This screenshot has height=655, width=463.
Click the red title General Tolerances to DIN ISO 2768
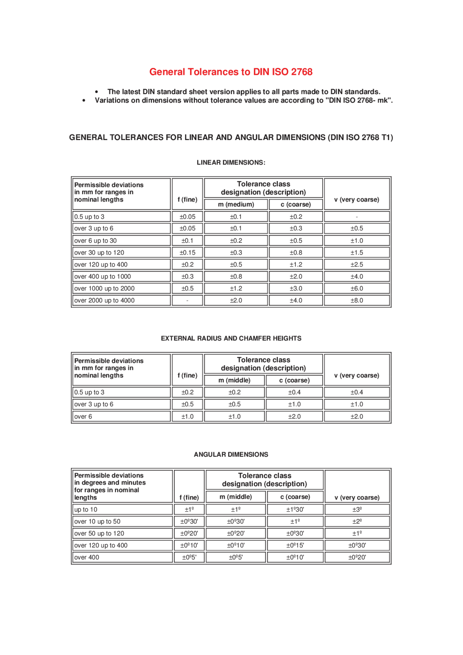[231, 72]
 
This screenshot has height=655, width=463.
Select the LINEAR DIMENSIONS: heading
[231, 162]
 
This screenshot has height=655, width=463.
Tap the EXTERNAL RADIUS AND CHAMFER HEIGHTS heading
[231, 338]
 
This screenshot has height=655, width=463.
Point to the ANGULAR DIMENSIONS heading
[231, 454]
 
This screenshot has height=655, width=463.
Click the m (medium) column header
[236, 204]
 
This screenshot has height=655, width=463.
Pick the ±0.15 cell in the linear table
[187, 252]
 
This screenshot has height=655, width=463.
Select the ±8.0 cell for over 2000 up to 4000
[357, 300]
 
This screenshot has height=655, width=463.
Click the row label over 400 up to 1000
[102, 276]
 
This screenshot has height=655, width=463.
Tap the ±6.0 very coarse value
[357, 288]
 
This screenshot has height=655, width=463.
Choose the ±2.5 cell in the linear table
[357, 264]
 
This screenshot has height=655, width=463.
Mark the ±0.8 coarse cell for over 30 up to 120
[296, 252]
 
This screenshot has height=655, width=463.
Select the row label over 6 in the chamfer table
[83, 416]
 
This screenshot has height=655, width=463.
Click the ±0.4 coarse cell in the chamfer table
[294, 392]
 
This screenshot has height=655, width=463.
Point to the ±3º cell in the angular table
[357, 509]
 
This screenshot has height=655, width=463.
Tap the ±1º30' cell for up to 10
[295, 509]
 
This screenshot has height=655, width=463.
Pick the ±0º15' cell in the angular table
[295, 545]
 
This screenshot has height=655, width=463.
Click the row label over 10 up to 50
[97, 521]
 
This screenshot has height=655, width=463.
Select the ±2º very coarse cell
[357, 521]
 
